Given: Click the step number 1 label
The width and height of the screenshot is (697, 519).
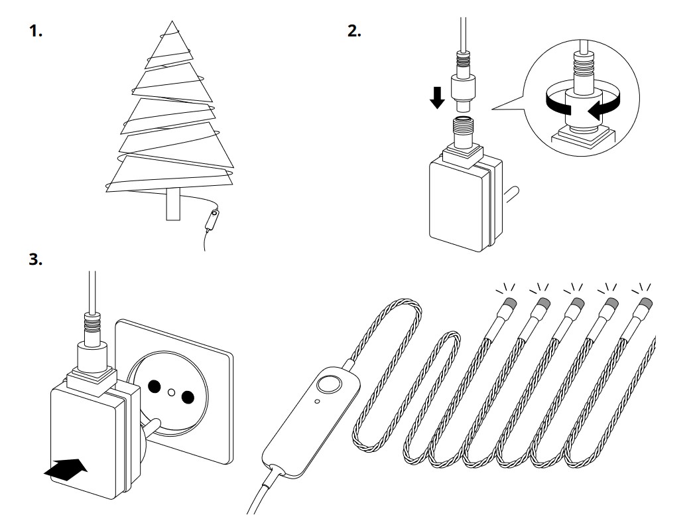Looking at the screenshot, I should point(37,32).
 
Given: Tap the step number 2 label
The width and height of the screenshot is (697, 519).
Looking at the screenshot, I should point(355,32).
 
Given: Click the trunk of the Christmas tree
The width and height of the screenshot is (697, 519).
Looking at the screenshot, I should point(174,205).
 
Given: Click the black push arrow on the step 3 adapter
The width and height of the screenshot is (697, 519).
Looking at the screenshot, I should point(66,469).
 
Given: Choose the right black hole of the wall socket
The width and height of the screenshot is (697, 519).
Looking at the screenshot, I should point(188,397).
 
